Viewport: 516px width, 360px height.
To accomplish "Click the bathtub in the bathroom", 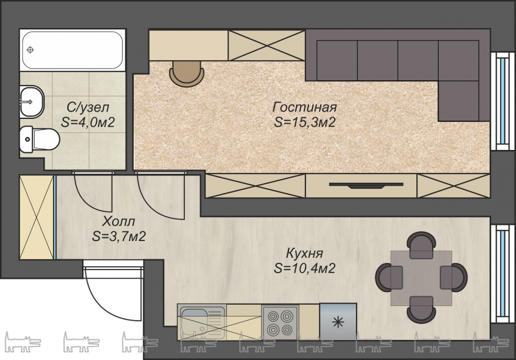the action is (x=72, y=50).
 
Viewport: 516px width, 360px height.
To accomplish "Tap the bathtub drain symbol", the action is (x=30, y=50).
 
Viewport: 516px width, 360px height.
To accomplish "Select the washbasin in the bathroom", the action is (x=32, y=101).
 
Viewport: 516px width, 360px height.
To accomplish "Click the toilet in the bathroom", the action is (x=39, y=140).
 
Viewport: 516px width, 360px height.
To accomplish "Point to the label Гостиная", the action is (x=305, y=107).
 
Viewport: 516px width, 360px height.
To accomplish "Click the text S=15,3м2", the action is (x=305, y=123).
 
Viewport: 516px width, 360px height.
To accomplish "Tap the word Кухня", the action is (x=305, y=253).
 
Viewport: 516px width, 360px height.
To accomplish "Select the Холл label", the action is (x=118, y=221).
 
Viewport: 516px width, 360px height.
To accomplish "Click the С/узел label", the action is (x=88, y=107).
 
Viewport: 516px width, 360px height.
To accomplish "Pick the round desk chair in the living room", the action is (x=186, y=74).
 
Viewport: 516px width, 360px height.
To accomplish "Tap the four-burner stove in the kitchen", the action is (x=280, y=322).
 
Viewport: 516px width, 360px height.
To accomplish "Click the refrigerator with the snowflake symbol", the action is (x=338, y=321).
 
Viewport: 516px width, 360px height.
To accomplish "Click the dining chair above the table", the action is (x=422, y=245).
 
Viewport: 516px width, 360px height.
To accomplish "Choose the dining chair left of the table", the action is (x=389, y=277).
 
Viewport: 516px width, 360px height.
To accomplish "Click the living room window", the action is (x=503, y=101).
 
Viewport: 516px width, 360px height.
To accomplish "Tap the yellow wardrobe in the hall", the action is (x=36, y=217).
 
